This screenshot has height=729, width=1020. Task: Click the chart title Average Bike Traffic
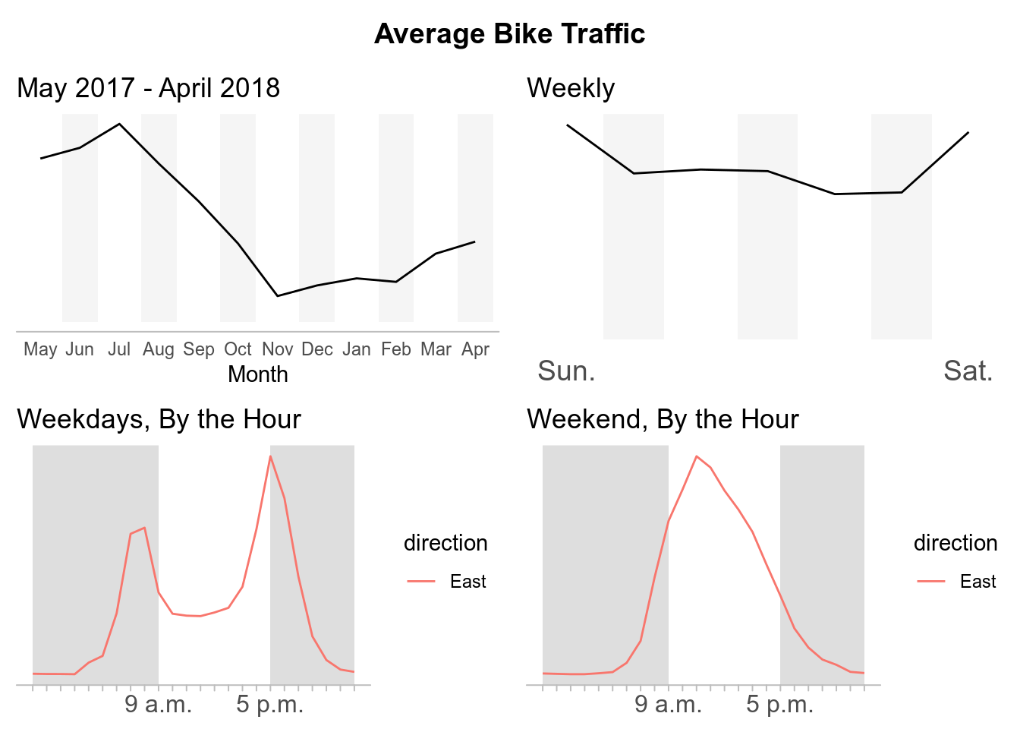click(509, 34)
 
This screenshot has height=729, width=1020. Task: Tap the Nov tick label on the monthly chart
click(277, 349)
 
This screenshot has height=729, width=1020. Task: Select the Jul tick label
click(119, 349)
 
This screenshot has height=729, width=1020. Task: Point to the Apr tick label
click(475, 349)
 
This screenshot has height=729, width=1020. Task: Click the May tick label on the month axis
click(40, 349)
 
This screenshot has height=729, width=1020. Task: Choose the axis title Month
click(258, 374)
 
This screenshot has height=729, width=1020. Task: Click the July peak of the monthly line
click(119, 124)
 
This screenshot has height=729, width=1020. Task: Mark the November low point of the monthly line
click(278, 295)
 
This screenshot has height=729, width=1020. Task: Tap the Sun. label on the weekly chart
click(566, 371)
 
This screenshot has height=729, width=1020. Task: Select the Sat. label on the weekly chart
click(968, 371)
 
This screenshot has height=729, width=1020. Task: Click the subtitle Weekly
click(571, 88)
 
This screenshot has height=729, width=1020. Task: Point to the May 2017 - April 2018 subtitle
click(149, 88)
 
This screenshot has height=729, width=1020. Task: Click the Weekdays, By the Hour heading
click(159, 419)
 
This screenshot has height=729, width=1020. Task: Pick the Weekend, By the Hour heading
click(663, 419)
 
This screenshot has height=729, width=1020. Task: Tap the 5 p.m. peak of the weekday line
click(270, 456)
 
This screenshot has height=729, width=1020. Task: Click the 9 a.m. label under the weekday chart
click(159, 704)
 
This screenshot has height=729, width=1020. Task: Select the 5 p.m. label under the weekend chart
click(780, 704)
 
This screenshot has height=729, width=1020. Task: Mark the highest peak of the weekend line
click(696, 456)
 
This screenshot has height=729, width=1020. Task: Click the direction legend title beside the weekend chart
click(955, 543)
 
